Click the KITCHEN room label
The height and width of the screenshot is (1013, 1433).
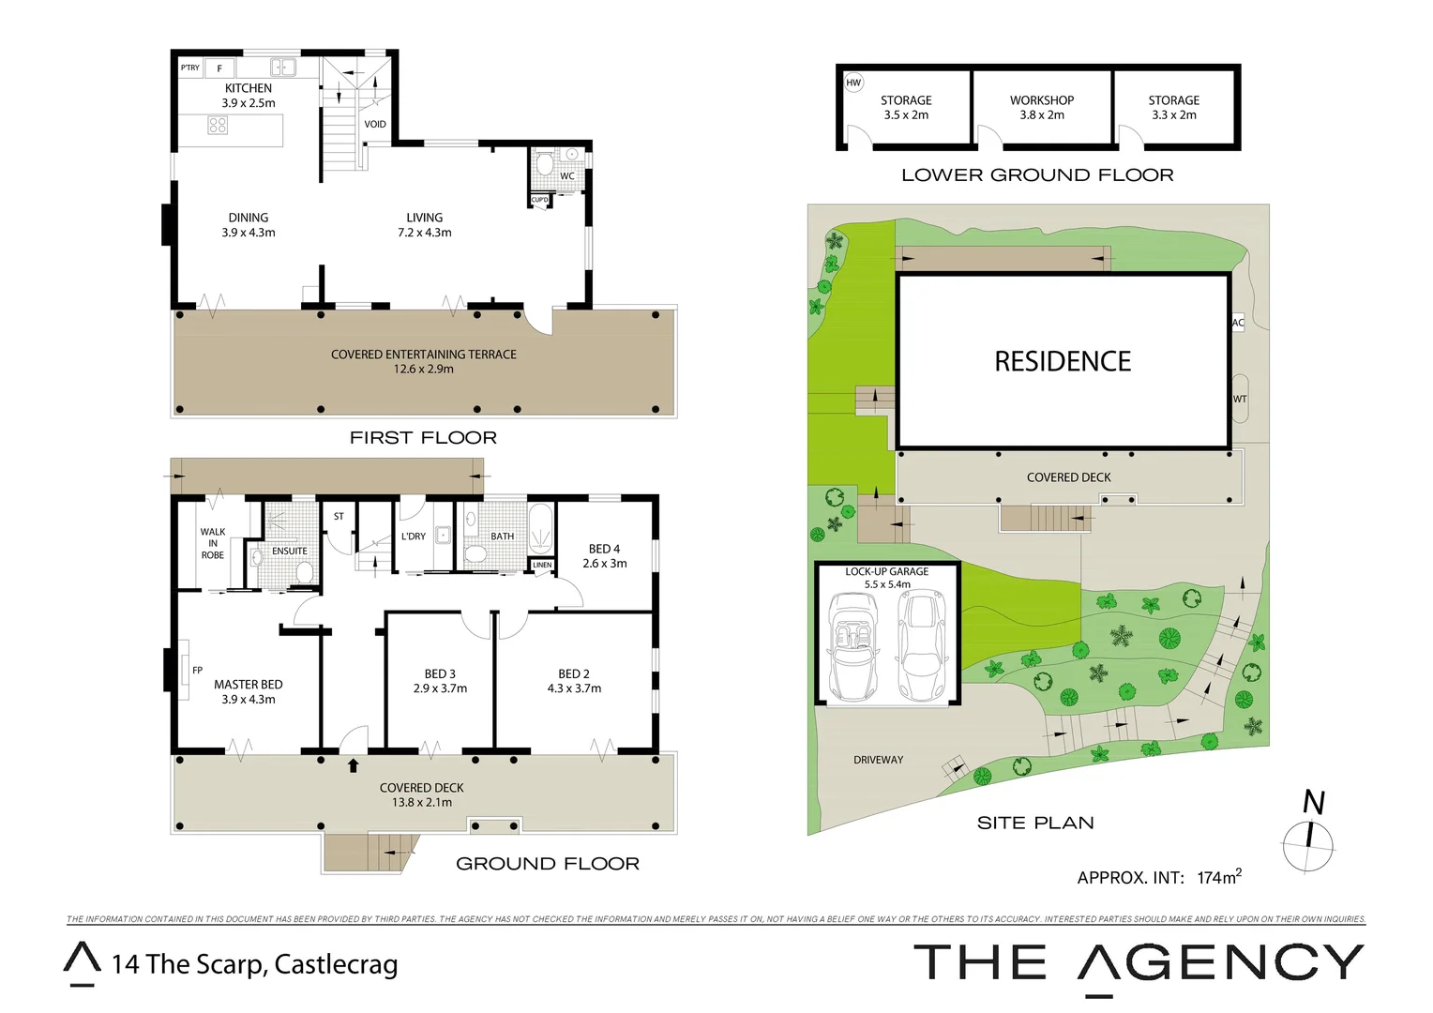pos(249,89)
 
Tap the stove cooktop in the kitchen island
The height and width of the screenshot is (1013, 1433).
pos(218,126)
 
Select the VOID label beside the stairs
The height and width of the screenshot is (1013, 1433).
pos(375,124)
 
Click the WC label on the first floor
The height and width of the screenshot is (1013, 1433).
pos(567,176)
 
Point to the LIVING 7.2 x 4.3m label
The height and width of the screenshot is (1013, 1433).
pos(424,225)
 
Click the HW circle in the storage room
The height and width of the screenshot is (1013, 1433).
pos(853,83)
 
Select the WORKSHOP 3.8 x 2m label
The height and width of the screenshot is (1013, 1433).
pos(1042,107)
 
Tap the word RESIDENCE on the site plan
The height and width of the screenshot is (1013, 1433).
pos(1063,361)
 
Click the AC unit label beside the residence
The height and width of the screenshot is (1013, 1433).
pos(1238,323)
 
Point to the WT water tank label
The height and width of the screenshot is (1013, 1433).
pos(1240,399)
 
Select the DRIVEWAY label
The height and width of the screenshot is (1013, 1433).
pos(879,760)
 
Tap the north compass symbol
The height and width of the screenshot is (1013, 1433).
pos(1309,835)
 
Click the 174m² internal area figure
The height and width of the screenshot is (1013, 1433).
pos(1219,877)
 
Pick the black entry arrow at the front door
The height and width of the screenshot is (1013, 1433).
pos(354,765)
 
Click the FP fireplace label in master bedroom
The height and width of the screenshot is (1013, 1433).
pos(197,670)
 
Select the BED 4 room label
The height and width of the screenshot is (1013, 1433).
pos(605,549)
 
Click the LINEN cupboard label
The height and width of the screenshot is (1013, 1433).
pos(542,565)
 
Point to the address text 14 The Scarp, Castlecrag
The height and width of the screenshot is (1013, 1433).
pos(254,964)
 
